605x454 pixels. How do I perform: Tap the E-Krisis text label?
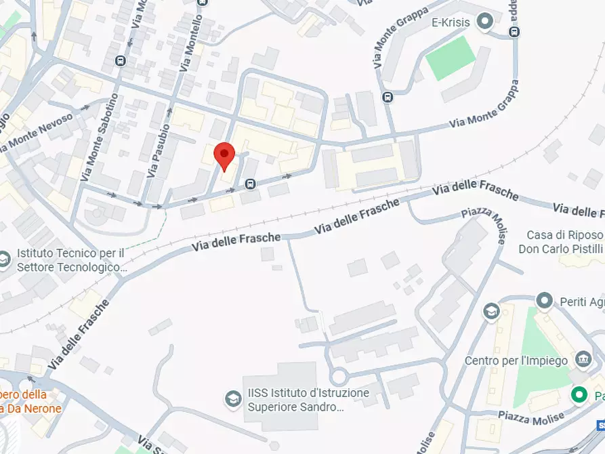[x=451, y=22]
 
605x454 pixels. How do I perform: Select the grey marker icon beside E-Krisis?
[x=484, y=22]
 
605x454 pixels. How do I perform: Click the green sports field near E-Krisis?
[x=451, y=58]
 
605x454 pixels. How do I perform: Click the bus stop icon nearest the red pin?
[x=251, y=184]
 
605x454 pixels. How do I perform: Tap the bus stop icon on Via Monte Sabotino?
[x=121, y=61]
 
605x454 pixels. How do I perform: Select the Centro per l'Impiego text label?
[x=516, y=360]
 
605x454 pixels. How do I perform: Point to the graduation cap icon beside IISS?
[x=233, y=398]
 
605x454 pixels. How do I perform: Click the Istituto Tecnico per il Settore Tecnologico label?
[x=71, y=260]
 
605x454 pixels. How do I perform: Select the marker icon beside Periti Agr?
[x=544, y=300]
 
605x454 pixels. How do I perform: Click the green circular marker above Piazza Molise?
[x=579, y=394]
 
